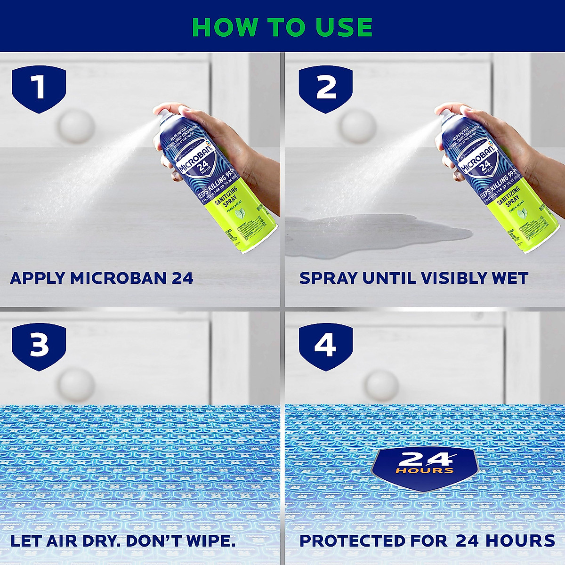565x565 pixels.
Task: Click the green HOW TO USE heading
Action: (282, 27)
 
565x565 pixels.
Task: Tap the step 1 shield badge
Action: (39, 89)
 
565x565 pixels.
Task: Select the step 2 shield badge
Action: (326, 89)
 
